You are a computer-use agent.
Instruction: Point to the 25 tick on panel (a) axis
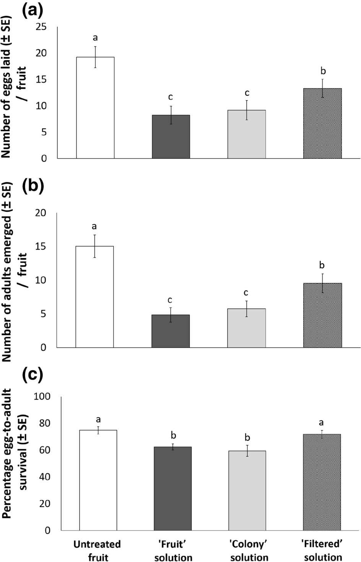coord(41,27)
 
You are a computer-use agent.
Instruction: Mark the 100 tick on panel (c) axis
coord(42,396)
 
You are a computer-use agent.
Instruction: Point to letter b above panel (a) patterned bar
coord(323,71)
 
